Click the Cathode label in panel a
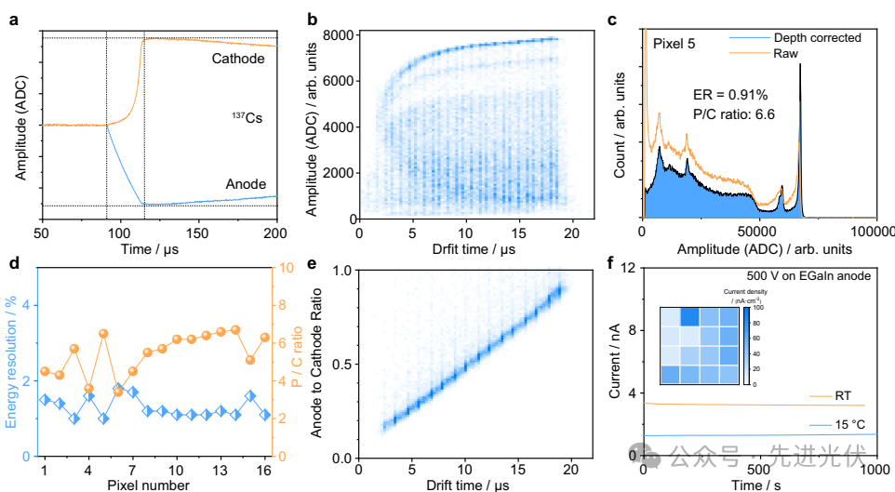click(x=237, y=60)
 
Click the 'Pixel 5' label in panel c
click(x=674, y=45)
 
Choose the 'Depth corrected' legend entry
click(x=817, y=38)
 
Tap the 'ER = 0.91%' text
click(x=732, y=96)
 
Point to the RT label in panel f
click(x=843, y=395)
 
